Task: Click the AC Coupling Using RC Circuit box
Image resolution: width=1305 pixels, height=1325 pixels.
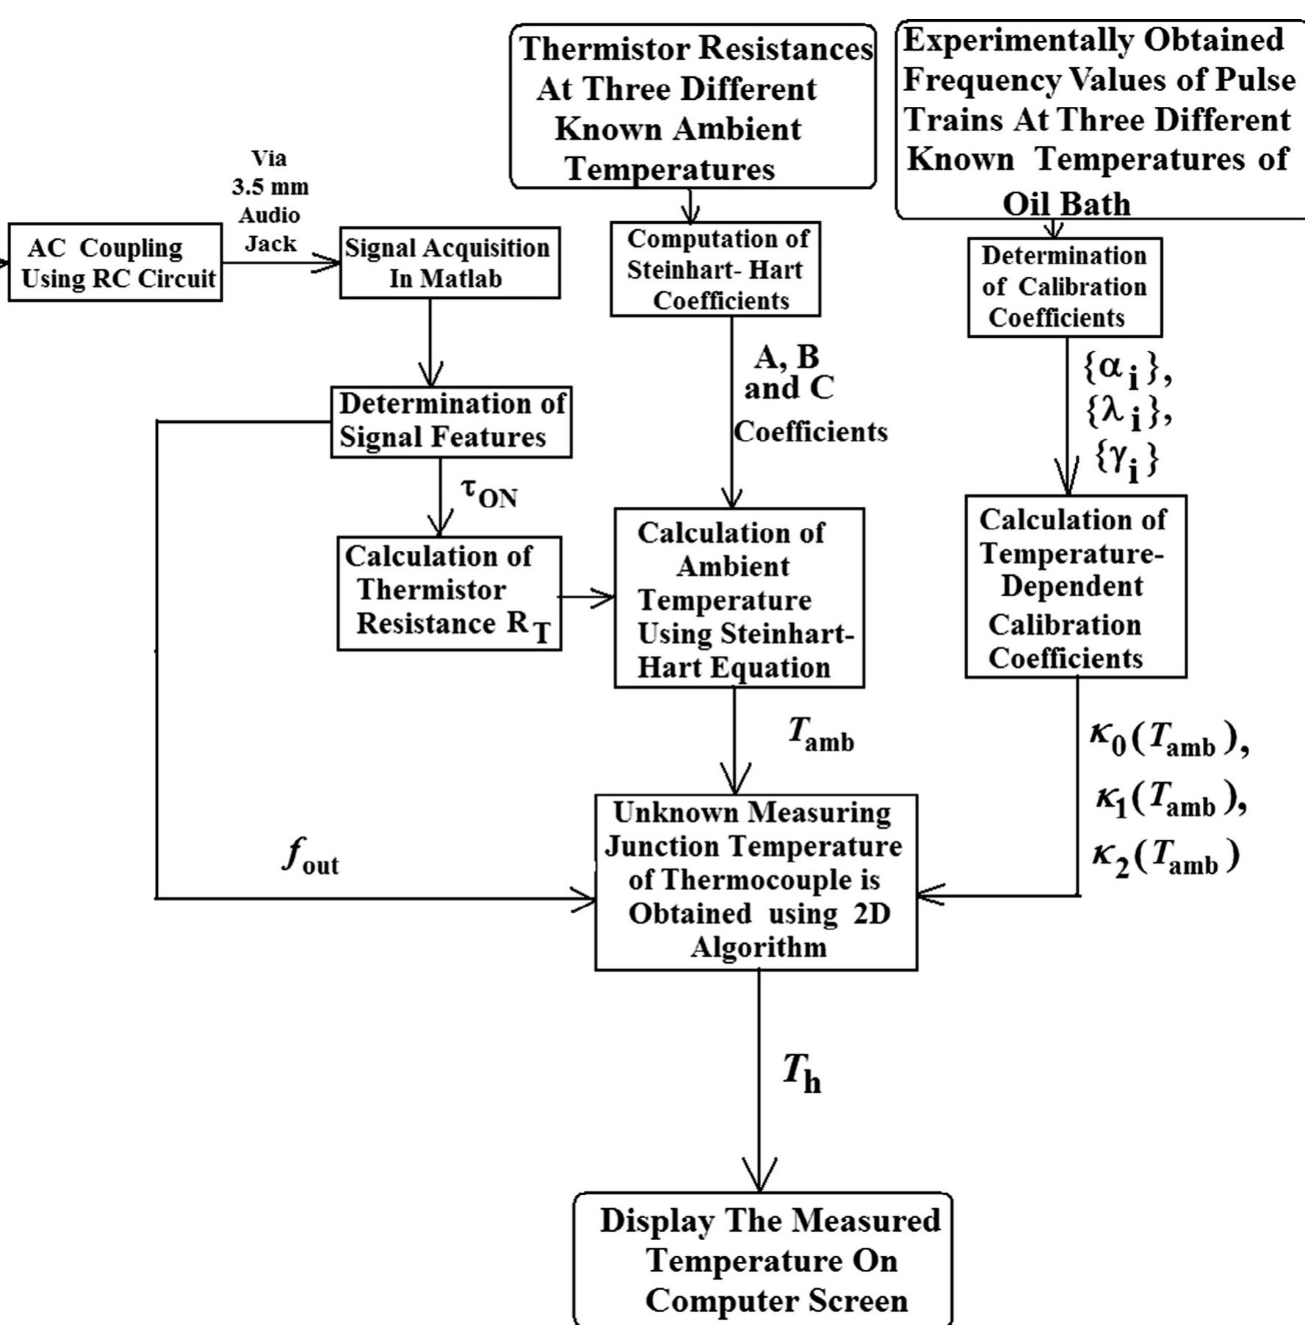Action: coord(115,263)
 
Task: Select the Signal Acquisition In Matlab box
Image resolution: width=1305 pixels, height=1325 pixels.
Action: coord(449,263)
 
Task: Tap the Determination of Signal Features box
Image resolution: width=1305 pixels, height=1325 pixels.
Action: coord(450,422)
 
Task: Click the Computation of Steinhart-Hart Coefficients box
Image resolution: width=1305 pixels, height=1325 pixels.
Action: coord(715,270)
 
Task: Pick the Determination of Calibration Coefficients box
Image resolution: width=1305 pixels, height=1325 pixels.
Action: coord(1064,287)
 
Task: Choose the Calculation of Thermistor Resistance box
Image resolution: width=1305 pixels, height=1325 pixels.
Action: coord(449,593)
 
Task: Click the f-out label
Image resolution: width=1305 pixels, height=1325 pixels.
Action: coord(310,856)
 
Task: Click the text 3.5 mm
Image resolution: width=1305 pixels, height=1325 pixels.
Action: coord(270,187)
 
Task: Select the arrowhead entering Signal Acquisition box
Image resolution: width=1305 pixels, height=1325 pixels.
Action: coord(330,263)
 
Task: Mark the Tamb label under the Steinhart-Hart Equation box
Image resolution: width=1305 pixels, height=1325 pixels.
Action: coord(820,734)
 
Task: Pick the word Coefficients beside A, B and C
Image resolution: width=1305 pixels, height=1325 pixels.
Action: coord(810,432)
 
